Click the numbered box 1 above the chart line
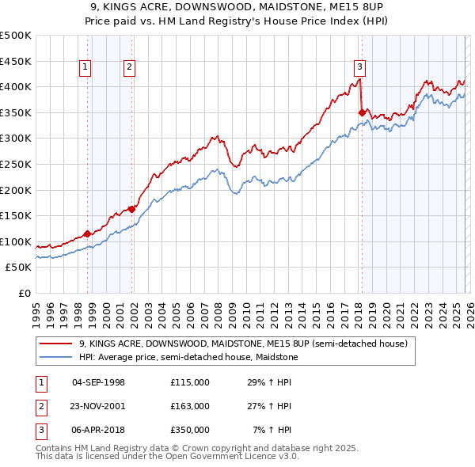coord(85,67)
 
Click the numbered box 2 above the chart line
coord(129,67)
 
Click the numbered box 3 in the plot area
coord(359,67)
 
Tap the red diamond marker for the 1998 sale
coord(87,233)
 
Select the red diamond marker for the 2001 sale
coord(131,209)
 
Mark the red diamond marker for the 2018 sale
coord(362,112)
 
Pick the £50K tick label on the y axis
coord(19,268)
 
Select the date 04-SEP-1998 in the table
coord(98,382)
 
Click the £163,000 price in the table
coord(189,406)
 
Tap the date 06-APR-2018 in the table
coord(98,430)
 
